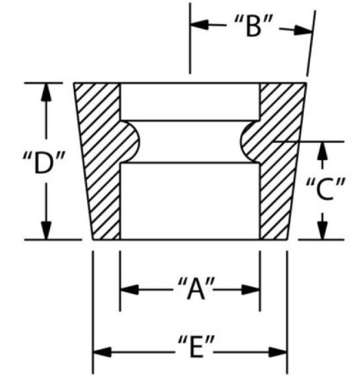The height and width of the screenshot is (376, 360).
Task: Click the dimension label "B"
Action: point(253,26)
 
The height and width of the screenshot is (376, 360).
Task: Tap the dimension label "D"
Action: point(44,163)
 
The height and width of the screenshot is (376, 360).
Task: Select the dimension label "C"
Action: point(326,189)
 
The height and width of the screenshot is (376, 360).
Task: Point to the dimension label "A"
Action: point(196,288)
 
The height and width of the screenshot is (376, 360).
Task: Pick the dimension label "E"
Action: point(196,347)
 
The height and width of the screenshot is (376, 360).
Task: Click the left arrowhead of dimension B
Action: point(199,25)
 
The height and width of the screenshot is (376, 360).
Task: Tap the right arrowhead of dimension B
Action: point(303,31)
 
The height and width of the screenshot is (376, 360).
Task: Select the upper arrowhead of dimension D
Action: point(47,92)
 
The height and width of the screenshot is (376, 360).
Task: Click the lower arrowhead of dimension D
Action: point(47,230)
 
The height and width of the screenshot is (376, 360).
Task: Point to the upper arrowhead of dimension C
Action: point(323,151)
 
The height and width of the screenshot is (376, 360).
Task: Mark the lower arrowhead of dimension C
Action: point(323,230)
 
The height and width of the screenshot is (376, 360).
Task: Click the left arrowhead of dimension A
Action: point(129,289)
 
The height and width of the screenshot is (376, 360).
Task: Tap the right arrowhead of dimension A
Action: point(250,289)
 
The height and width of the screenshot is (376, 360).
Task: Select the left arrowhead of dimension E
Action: point(102,352)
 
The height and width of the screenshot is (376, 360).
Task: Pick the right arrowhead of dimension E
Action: point(278,352)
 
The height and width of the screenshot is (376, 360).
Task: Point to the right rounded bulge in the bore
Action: point(250,142)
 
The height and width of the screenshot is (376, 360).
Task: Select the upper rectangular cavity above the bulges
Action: point(190,102)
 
